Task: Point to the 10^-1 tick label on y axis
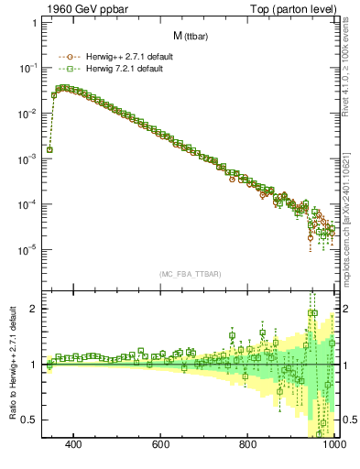(29, 69)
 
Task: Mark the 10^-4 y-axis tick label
(29, 204)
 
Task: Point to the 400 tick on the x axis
(73, 445)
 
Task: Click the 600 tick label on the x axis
(160, 445)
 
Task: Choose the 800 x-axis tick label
(247, 445)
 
